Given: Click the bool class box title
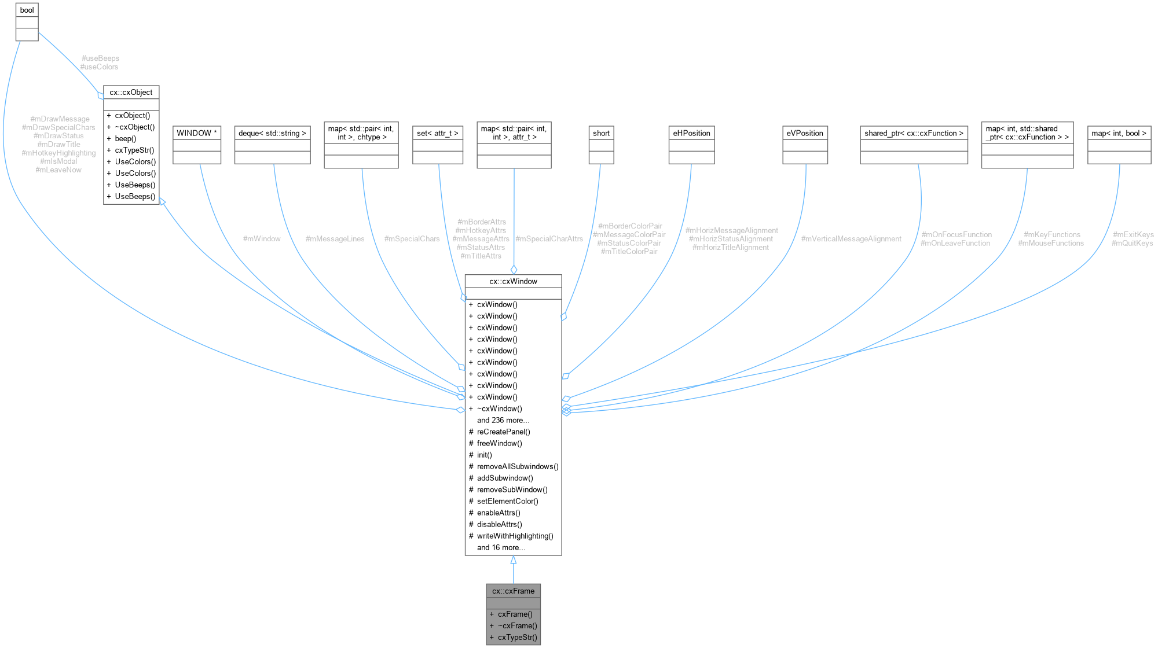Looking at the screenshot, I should pyautogui.click(x=27, y=10).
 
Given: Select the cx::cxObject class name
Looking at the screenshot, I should pyautogui.click(x=131, y=93).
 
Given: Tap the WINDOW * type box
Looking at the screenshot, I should pyautogui.click(x=197, y=133).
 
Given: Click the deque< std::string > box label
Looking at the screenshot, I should pyautogui.click(x=272, y=133).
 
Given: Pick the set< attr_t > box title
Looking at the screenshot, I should pyautogui.click(x=438, y=133).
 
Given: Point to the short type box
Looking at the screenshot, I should pyautogui.click(x=601, y=133).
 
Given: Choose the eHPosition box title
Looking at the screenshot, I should pyautogui.click(x=691, y=133).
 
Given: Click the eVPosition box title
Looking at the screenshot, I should pyautogui.click(x=805, y=133).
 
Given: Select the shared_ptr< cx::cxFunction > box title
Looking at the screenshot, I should pyautogui.click(x=914, y=133).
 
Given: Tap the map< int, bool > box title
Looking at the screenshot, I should pyautogui.click(x=1119, y=133).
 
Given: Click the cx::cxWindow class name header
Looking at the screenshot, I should pyautogui.click(x=513, y=282).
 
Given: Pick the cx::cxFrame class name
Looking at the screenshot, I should pyautogui.click(x=513, y=591).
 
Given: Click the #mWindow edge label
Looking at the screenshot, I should pyautogui.click(x=262, y=239).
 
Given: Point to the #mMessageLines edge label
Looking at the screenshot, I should pyautogui.click(x=335, y=239).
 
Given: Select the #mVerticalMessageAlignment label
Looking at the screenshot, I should pyautogui.click(x=851, y=239).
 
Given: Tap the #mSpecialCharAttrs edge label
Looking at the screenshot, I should pyautogui.click(x=549, y=239).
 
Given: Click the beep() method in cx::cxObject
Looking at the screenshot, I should pyautogui.click(x=126, y=139).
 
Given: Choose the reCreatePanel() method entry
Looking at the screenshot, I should pyautogui.click(x=503, y=432).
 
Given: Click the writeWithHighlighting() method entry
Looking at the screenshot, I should pyautogui.click(x=515, y=536).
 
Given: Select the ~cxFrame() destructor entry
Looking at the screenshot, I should pyautogui.click(x=517, y=625).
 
